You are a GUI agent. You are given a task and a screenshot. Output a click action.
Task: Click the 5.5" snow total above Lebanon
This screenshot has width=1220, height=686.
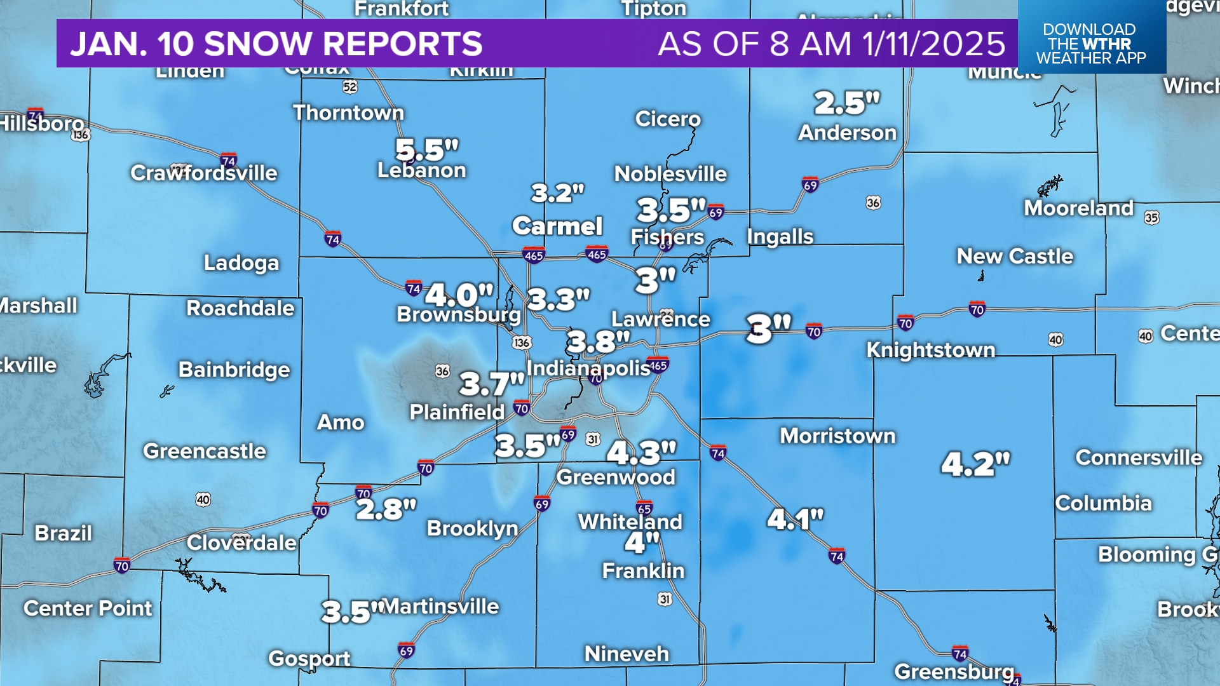coord(426,151)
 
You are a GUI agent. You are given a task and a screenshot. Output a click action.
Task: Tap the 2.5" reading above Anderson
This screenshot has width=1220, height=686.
coord(847,103)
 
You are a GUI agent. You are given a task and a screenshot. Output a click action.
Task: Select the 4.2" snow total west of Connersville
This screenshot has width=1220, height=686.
coord(975,464)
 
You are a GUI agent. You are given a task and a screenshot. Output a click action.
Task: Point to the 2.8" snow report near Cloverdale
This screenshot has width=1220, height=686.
coord(386,509)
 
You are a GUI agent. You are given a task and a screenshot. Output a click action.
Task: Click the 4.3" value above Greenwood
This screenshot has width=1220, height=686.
coord(641,453)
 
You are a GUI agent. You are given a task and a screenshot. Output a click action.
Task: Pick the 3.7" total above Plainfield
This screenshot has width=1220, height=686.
coord(492,384)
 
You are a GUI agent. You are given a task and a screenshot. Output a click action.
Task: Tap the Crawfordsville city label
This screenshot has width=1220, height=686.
coord(204,173)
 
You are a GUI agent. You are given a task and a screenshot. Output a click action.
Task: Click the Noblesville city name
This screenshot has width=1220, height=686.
coord(670,174)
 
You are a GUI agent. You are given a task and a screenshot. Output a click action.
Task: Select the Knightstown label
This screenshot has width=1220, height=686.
coord(931,350)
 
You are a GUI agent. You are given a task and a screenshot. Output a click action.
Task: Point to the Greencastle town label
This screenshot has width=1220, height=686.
coord(205,451)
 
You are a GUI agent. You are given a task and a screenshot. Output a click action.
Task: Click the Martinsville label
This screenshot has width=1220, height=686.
coord(442,607)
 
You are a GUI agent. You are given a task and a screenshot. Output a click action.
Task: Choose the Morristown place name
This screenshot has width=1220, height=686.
coord(837,436)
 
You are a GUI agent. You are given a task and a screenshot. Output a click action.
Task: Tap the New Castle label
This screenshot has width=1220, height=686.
coord(1015,257)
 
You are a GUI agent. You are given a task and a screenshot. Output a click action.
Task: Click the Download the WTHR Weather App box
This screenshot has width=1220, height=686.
coord(1091,43)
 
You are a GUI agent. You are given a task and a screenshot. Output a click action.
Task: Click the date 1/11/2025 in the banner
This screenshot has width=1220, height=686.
coord(933,44)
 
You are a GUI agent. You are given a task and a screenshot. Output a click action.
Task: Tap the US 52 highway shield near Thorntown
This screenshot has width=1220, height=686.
coord(350,87)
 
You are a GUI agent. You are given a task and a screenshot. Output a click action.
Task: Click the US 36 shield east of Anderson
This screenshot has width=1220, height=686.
coord(873,203)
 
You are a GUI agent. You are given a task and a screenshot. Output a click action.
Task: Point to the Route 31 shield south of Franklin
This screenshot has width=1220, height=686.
coord(665,599)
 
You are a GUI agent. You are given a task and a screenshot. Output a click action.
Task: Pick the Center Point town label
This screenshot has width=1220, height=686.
coord(88,609)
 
